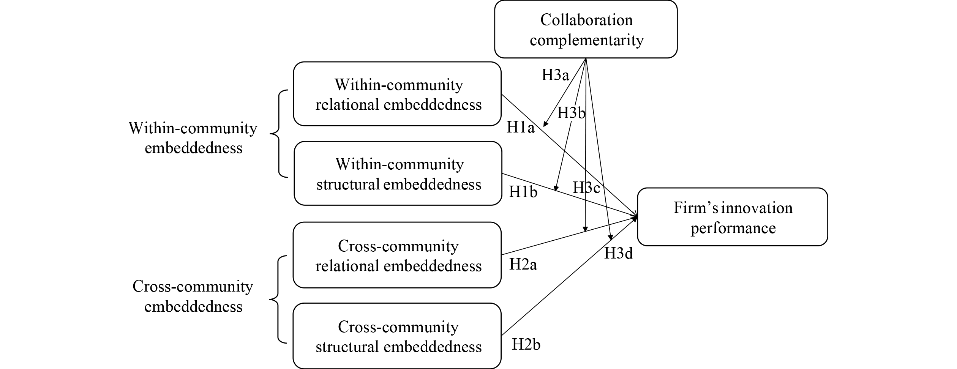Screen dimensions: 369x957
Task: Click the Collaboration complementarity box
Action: click(x=586, y=30)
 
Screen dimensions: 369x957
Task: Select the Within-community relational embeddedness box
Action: click(x=397, y=94)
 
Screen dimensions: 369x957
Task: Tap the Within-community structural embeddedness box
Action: click(x=398, y=174)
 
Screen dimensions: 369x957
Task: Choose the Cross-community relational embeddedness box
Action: click(x=397, y=255)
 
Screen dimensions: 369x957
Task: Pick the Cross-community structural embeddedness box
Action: click(x=397, y=336)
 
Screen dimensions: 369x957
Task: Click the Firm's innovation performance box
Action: click(x=732, y=217)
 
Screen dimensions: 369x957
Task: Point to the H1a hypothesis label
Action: click(x=520, y=128)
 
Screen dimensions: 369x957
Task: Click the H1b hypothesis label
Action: click(x=523, y=192)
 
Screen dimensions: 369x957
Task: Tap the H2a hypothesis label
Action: click(x=523, y=265)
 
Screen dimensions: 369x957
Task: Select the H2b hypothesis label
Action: click(x=526, y=345)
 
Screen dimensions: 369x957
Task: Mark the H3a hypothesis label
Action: click(x=555, y=75)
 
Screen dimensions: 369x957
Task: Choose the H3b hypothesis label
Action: click(x=571, y=113)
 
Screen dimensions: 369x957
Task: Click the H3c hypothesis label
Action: click(x=586, y=188)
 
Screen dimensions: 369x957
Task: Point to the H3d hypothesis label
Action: click(x=618, y=254)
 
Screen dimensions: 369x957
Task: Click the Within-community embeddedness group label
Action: click(x=193, y=138)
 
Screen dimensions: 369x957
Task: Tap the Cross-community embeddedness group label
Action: click(x=193, y=296)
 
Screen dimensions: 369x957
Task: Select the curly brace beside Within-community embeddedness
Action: click(x=279, y=134)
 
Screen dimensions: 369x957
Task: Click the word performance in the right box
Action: click(x=733, y=228)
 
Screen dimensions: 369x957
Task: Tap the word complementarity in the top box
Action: click(x=587, y=40)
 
